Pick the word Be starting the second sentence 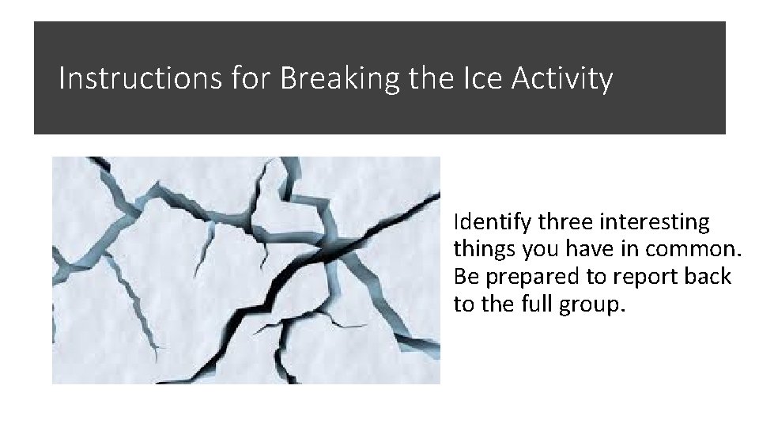click(465, 277)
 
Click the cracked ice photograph click(246, 270)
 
